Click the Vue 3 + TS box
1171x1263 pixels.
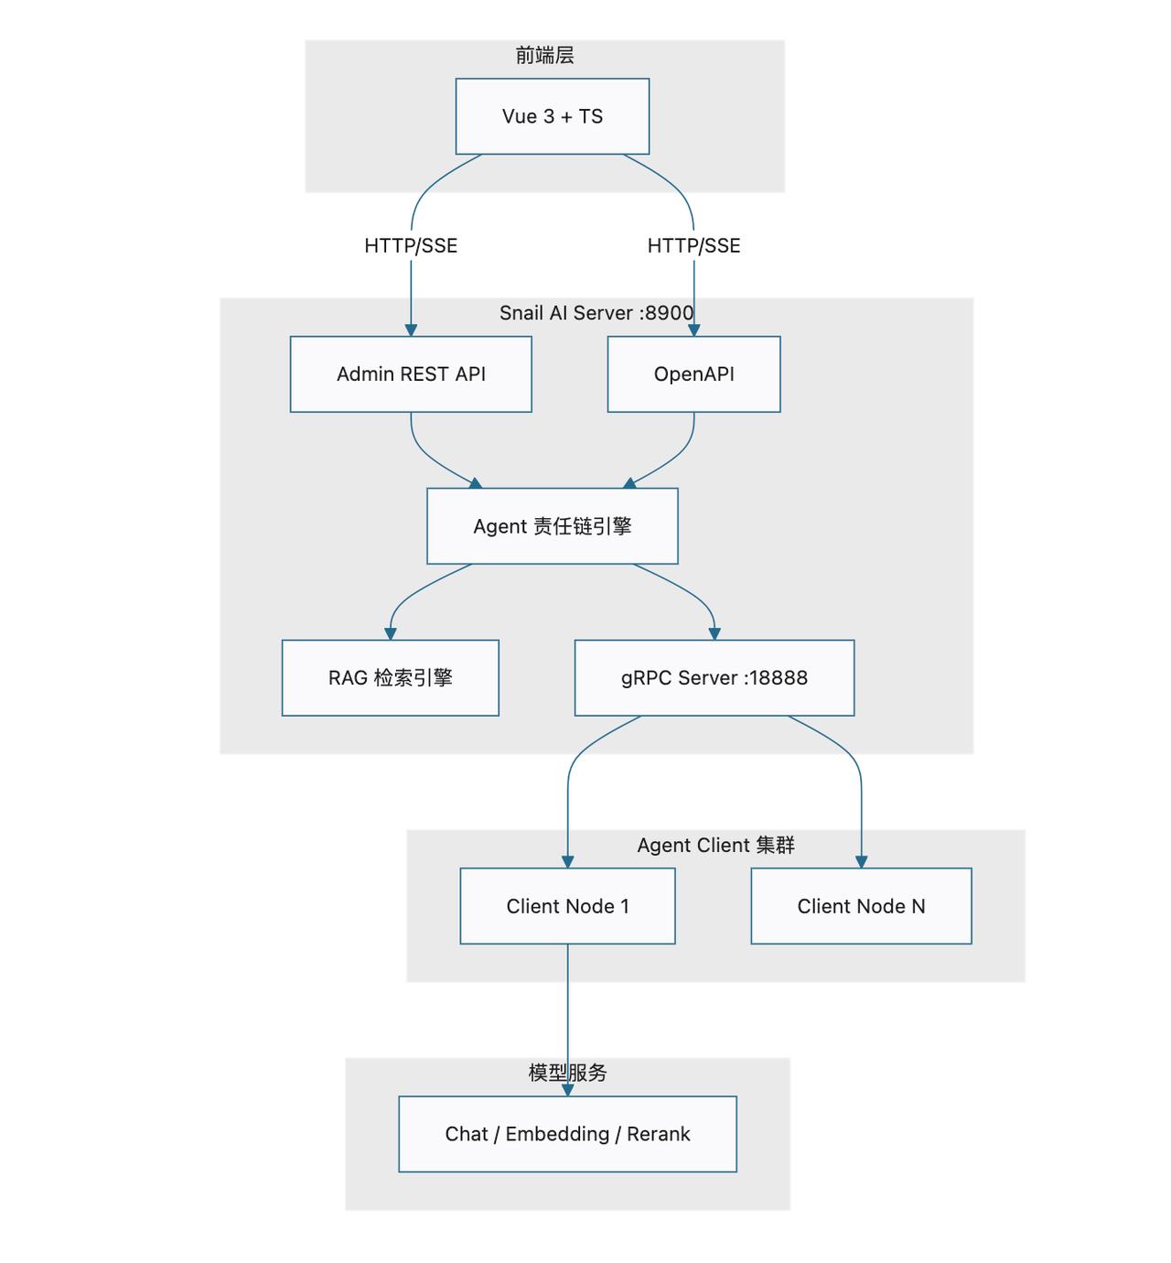(x=552, y=116)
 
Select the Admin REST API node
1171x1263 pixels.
(x=411, y=374)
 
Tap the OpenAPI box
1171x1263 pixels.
(x=693, y=374)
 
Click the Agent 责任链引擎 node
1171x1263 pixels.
(x=552, y=526)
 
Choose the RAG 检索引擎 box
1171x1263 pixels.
(x=391, y=678)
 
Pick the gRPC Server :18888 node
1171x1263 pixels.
(x=714, y=678)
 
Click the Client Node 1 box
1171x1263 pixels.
(x=567, y=906)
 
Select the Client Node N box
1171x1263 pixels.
(x=861, y=906)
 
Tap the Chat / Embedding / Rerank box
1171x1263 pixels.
(x=567, y=1134)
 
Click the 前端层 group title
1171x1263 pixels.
(x=545, y=55)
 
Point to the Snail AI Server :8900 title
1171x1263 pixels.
(x=596, y=313)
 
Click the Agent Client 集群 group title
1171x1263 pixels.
(x=715, y=845)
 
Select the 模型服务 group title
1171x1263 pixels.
(x=567, y=1073)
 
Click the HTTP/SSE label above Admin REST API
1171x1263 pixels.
(x=411, y=245)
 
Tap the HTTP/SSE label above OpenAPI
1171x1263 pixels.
(x=693, y=245)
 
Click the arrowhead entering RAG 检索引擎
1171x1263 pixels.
(x=391, y=634)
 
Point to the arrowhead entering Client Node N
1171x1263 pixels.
(x=862, y=862)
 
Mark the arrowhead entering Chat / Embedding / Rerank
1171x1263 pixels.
(x=568, y=1090)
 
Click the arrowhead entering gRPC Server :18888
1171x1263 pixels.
(x=714, y=634)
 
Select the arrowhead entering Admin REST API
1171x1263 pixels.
(x=411, y=330)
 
